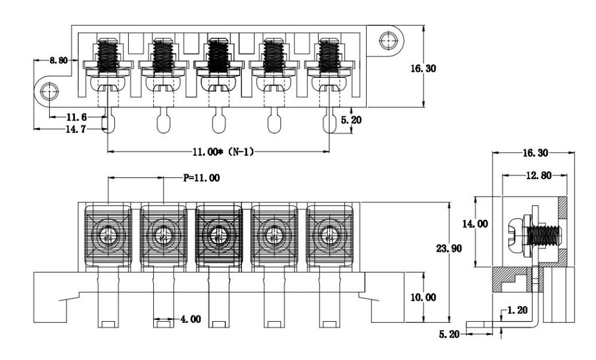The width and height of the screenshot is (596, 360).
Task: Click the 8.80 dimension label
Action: click(59, 60)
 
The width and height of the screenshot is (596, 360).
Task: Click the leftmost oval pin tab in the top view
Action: click(108, 123)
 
